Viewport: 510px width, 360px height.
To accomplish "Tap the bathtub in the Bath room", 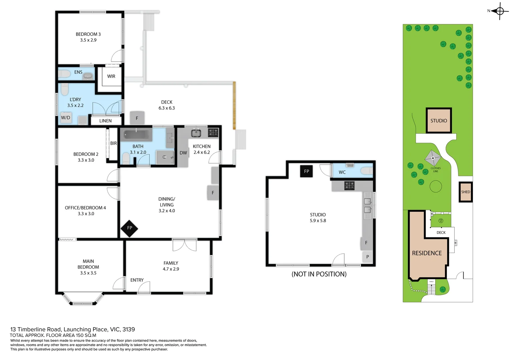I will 136,135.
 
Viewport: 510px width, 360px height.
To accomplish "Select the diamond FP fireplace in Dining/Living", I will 129,228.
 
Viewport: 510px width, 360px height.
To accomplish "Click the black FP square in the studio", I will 306,171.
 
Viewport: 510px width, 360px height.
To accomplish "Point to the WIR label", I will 111,76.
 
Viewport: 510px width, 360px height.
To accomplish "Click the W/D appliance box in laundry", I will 66,118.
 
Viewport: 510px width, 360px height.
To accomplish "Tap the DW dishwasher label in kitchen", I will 183,153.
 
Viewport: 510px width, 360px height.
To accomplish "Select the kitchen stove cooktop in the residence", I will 213,132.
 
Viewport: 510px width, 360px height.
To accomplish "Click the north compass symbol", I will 499,11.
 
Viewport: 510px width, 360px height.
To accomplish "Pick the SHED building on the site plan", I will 466,192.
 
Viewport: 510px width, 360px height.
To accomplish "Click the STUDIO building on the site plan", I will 439,121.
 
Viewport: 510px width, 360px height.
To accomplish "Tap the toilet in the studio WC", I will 366,171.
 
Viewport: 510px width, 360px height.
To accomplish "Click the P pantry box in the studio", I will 367,257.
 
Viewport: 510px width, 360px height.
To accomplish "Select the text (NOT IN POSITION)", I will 319,274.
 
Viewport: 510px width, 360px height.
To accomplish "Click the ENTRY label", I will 137,280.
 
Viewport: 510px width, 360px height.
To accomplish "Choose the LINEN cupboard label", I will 105,121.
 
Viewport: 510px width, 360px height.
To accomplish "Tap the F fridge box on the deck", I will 137,118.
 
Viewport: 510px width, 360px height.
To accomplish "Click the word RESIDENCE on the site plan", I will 427,253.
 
